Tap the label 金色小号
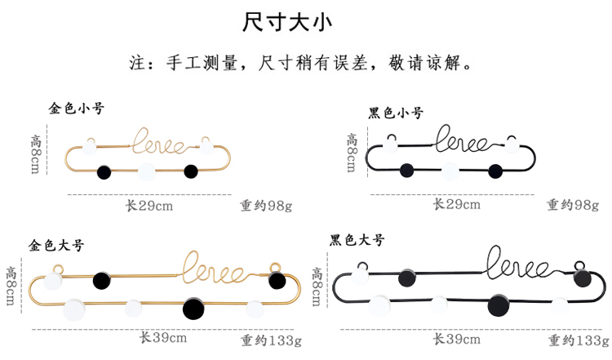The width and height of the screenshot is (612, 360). [77, 108]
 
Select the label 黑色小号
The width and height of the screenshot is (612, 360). [396, 113]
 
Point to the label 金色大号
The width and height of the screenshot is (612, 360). [56, 244]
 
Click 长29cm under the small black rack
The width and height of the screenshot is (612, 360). [456, 204]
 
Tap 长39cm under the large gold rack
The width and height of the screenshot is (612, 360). [162, 337]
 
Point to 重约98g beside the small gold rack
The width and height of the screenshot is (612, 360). [266, 206]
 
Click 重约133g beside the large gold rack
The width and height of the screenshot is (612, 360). [271, 340]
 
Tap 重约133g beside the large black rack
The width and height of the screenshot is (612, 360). [577, 340]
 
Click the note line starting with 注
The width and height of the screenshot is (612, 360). [304, 63]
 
